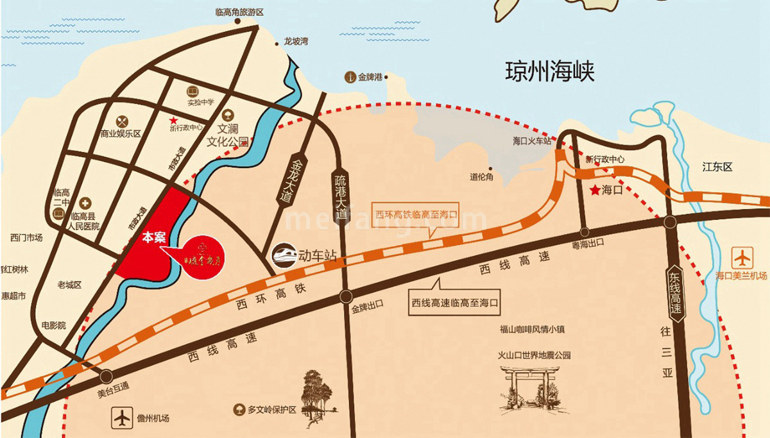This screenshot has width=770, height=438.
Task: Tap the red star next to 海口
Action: [596, 190]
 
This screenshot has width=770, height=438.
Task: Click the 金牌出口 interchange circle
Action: [346, 296]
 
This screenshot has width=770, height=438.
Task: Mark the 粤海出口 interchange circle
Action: [585, 232]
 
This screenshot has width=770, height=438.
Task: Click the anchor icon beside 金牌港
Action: [350, 77]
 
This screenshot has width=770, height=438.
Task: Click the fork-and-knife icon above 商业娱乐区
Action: [122, 121]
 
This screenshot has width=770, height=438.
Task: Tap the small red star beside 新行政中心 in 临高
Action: [173, 120]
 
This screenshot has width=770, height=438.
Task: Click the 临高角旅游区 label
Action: [239, 12]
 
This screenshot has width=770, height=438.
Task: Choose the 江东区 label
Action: [717, 167]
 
